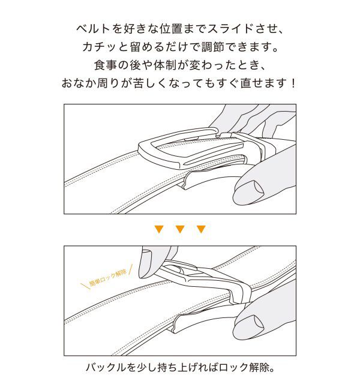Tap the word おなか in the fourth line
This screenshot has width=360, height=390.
tap(77, 82)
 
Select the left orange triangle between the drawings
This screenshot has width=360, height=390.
tap(158, 229)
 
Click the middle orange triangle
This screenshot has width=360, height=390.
tap(179, 229)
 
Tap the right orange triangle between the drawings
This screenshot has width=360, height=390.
tap(201, 229)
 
